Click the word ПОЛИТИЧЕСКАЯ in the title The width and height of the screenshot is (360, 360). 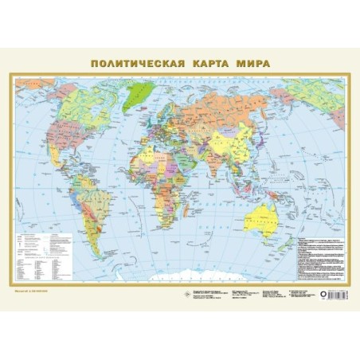135,62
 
